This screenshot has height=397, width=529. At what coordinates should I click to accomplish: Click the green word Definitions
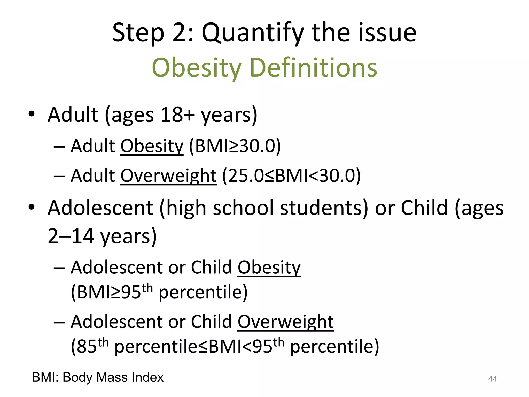click(x=313, y=68)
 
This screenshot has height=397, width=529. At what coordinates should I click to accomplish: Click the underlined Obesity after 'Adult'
click(x=152, y=146)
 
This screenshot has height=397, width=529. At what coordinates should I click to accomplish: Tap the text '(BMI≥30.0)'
click(x=235, y=146)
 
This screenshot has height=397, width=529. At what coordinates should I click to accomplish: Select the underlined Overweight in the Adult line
click(x=168, y=176)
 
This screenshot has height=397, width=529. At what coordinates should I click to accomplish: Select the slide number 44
click(x=492, y=379)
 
